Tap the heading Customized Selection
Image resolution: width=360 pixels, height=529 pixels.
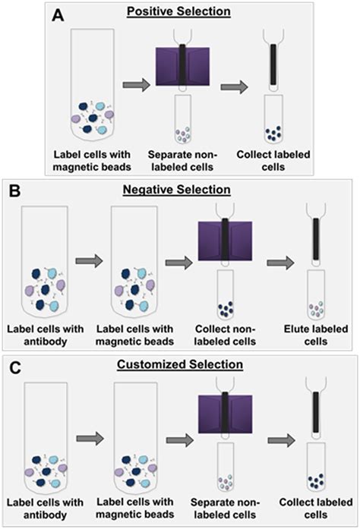(x=180, y=365)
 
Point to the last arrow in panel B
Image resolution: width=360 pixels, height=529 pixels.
(x=283, y=262)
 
